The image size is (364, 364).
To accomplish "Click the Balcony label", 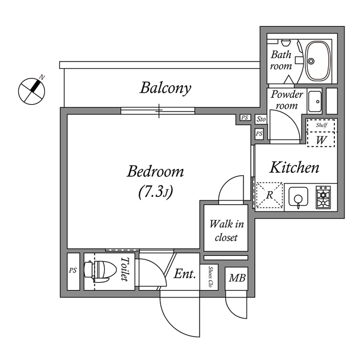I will click(166, 88).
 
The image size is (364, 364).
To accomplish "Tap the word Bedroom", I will click(155, 171).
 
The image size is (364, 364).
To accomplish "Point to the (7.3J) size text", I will click(155, 193).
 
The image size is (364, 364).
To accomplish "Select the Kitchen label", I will click(293, 168).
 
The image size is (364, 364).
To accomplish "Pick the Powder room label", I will click(287, 100).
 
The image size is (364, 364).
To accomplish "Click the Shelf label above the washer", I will click(322, 125).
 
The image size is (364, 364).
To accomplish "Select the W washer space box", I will click(321, 138).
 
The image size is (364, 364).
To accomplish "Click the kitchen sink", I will click(297, 197).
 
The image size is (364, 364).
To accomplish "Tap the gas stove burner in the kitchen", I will click(324, 197).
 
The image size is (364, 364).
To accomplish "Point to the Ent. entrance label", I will click(184, 275).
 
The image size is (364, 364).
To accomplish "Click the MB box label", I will click(236, 278).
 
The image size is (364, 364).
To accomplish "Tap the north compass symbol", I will click(32, 89).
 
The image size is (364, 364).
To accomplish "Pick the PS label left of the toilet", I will click(73, 271).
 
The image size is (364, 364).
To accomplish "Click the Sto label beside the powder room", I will click(260, 119).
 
